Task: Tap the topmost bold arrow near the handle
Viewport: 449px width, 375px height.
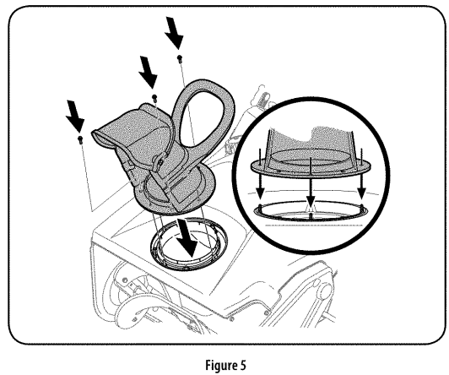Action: coord(175,34)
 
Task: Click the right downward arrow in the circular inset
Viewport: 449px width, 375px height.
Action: coord(361,179)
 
